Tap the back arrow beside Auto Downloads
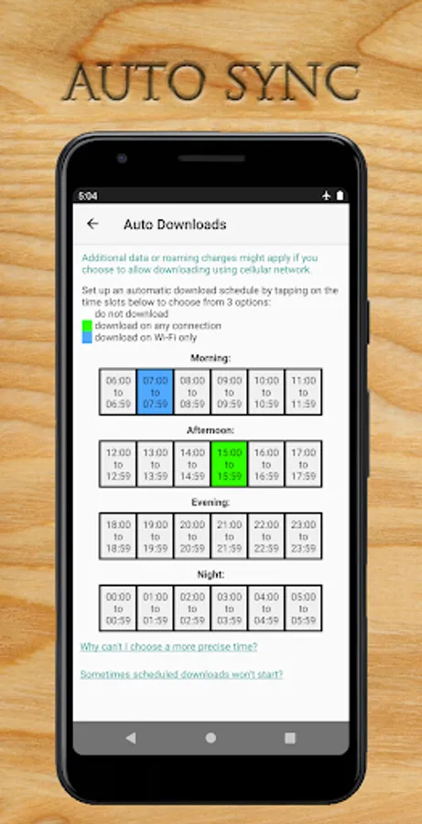92,224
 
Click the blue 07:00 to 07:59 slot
155,392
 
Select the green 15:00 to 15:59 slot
229,464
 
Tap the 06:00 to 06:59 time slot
118,392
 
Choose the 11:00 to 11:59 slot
303,392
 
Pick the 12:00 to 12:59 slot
118,464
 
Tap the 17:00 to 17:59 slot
303,464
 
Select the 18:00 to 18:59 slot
118,536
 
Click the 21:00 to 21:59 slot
229,536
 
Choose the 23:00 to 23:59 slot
303,536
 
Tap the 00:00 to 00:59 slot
118,608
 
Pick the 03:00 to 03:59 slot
229,608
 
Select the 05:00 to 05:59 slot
303,608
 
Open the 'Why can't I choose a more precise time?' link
168,647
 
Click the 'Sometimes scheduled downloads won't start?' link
181,674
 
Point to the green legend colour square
87,326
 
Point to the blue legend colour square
87,337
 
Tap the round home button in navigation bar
211,738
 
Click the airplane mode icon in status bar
327,196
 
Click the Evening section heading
211,503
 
